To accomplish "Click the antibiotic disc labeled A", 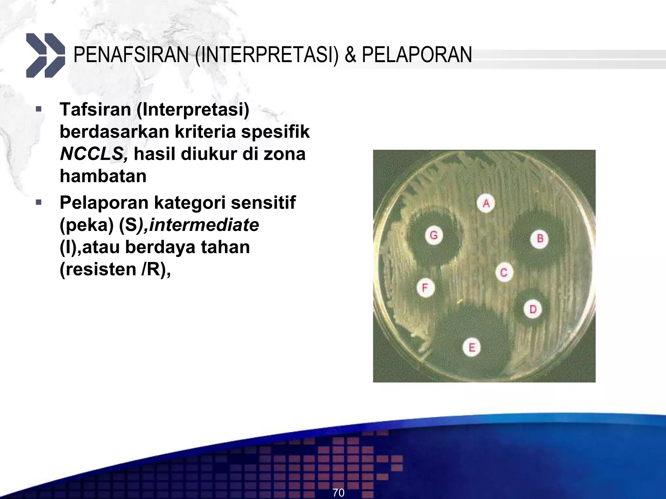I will click(486, 204).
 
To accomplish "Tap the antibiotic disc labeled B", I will click(540, 239).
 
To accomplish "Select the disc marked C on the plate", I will click(504, 273).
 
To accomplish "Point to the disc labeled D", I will click(533, 309).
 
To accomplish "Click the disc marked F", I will click(425, 288).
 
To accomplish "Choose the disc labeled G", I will click(434, 235).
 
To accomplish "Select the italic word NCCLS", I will click(94, 154).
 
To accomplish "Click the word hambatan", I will click(103, 176).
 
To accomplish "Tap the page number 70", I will click(338, 493).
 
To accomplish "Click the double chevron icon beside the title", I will click(46, 55).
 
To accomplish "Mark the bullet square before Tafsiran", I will click(39, 109).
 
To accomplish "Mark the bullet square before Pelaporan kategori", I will click(39, 203).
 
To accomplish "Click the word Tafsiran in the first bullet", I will click(95, 109).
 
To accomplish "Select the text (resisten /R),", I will click(115, 269).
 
